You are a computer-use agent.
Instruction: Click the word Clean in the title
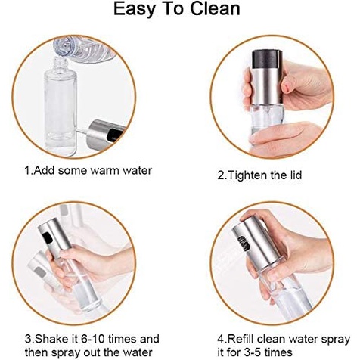[215, 9]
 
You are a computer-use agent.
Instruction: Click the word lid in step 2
[295, 175]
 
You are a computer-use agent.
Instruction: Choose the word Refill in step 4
[240, 339]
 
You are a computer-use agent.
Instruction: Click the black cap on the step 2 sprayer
[267, 58]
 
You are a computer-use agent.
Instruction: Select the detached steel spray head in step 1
[106, 133]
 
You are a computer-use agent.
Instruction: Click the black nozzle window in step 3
[48, 237]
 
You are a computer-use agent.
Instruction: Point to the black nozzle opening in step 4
[244, 243]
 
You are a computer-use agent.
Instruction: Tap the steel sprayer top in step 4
[256, 244]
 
